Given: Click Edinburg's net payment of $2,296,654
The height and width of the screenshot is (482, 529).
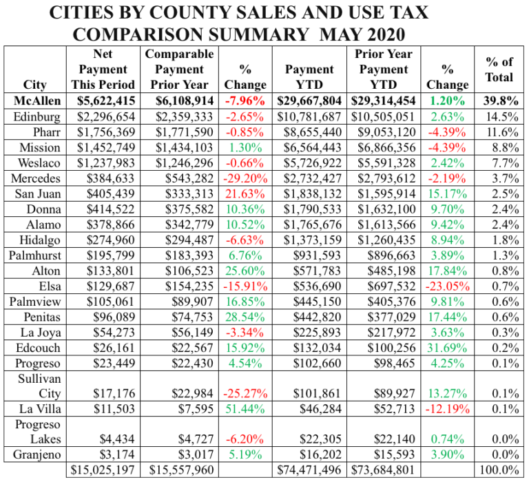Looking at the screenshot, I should [x=103, y=117].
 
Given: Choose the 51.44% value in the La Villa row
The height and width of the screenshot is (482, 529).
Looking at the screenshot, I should [x=245, y=410].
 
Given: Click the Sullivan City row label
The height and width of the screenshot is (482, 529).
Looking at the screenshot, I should [x=35, y=386].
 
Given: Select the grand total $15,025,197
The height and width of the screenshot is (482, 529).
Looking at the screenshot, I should [x=103, y=470].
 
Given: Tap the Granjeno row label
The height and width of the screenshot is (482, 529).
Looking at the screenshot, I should [x=35, y=454].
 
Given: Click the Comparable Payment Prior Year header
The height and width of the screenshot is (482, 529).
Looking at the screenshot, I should [x=180, y=70].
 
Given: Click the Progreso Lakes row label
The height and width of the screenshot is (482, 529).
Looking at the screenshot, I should [x=35, y=431].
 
